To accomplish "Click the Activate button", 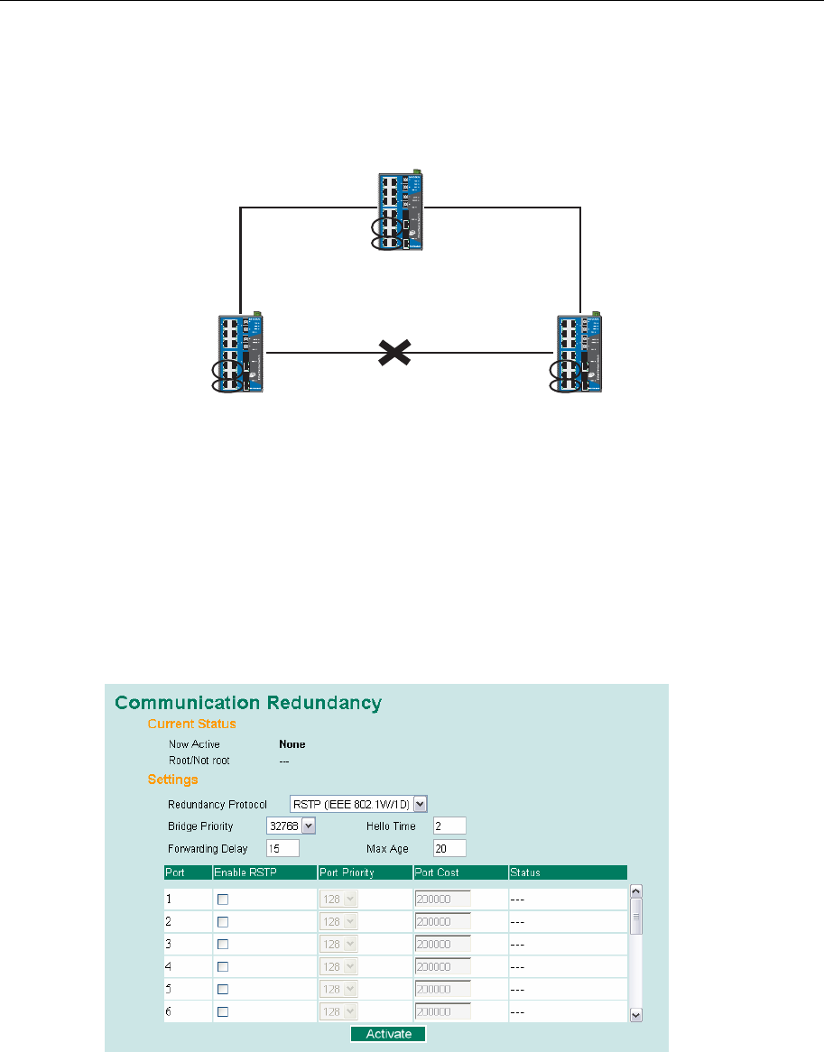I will [388, 1034].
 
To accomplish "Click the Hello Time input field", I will [449, 826].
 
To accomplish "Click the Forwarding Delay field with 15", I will [282, 848].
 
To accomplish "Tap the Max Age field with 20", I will [449, 848].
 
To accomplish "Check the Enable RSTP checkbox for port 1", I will [223, 900].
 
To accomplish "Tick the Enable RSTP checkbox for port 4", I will [223, 966].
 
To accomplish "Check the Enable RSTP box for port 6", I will [223, 1011].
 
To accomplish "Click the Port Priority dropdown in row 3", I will [339, 944].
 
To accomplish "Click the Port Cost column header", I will [437, 872].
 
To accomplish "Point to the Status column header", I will [525, 872].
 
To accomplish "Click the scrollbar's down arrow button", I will [635, 1015].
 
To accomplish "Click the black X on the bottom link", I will [390, 354].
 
